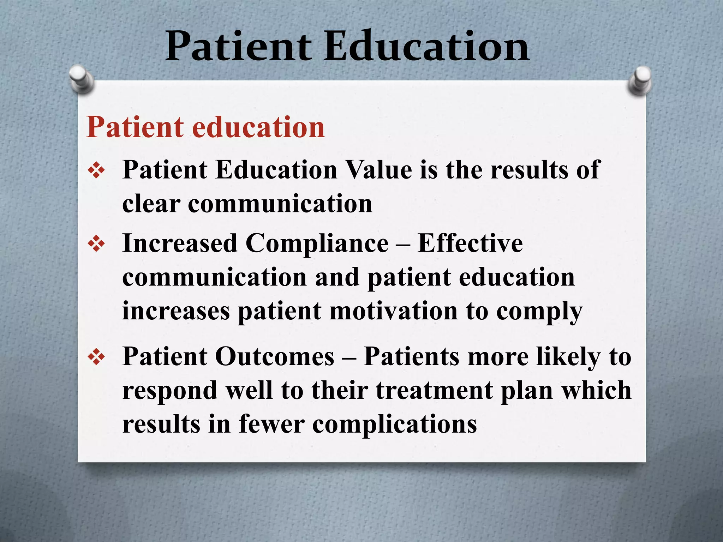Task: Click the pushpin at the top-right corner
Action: tap(640, 80)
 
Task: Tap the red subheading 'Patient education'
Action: tap(205, 127)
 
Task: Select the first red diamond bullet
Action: tap(96, 171)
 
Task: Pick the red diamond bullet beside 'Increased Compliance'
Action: tap(96, 245)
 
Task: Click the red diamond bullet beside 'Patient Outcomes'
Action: tap(96, 357)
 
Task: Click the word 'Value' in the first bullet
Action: tap(378, 170)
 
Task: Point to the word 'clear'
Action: tap(151, 204)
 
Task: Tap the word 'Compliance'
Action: tap(317, 243)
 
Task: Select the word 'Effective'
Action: tap(470, 243)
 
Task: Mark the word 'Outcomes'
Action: tap(274, 356)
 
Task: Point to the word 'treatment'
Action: tap(434, 391)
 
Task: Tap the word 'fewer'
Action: tap(271, 424)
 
